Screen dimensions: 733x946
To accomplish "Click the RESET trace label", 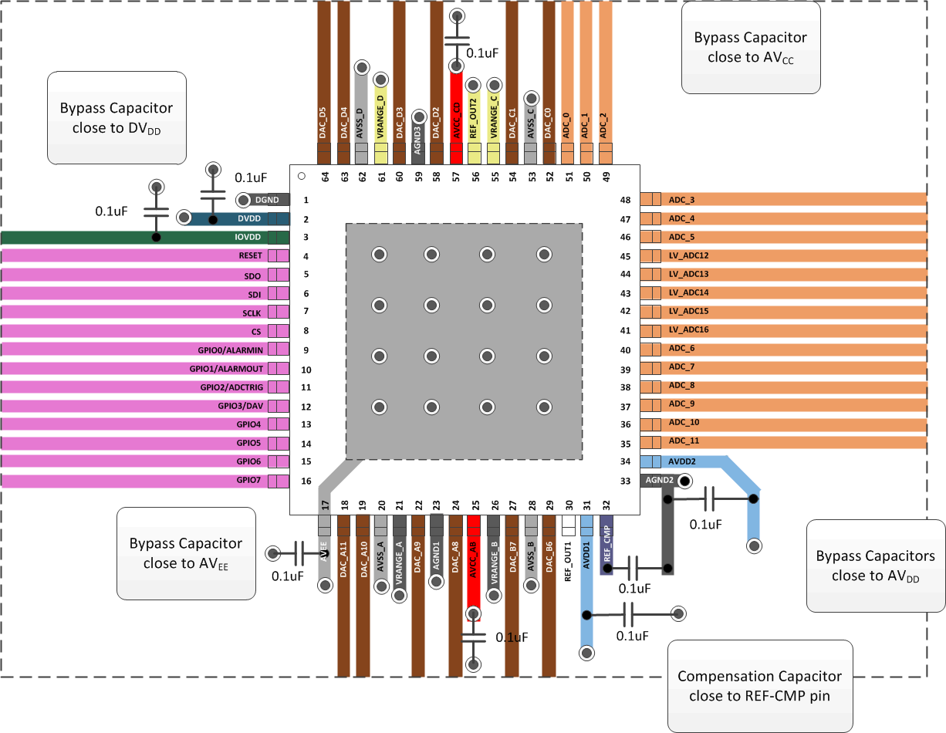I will pyautogui.click(x=250, y=256).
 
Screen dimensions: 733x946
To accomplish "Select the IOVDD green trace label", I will pyautogui.click(x=250, y=238).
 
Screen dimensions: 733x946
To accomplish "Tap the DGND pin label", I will pyautogui.click(x=266, y=200).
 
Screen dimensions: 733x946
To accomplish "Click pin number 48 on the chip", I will pyautogui.click(x=625, y=201).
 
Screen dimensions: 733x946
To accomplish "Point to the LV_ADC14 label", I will pyautogui.click(x=688, y=293).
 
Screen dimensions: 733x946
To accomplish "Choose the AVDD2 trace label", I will pyautogui.click(x=683, y=461).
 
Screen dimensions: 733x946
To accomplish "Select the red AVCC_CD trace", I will pyautogui.click(x=456, y=116).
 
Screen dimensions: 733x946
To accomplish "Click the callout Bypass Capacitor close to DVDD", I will pyautogui.click(x=117, y=118).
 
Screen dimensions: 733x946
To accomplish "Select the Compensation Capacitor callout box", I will pyautogui.click(x=759, y=685).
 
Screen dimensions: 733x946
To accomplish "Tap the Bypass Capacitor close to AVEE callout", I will pyautogui.click(x=185, y=553).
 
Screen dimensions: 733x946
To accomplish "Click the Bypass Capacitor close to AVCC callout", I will pyautogui.click(x=750, y=47).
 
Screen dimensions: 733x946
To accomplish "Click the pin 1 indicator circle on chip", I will pyautogui.click(x=302, y=177).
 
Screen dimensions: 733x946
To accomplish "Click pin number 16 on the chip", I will pyautogui.click(x=306, y=481).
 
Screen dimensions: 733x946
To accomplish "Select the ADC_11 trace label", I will pyautogui.click(x=684, y=441).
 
